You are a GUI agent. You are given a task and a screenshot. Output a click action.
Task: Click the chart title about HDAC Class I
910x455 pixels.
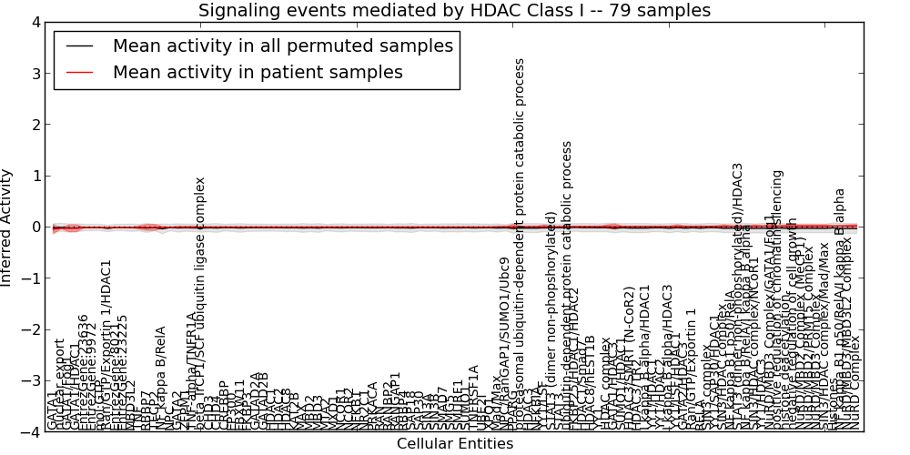point(454,11)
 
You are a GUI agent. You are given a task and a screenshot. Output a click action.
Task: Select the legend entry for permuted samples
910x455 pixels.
point(282,46)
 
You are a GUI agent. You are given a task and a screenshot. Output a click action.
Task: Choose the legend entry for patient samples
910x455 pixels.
point(258,73)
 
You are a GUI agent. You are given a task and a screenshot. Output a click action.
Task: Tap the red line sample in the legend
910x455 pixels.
point(79,73)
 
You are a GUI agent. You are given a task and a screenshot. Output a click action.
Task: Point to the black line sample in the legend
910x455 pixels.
point(79,46)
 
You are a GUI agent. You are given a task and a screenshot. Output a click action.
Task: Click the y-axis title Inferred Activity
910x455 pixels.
point(7,227)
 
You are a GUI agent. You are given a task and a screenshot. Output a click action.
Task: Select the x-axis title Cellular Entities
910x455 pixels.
point(454,444)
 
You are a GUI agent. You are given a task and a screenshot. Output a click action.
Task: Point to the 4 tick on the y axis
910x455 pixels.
point(34,22)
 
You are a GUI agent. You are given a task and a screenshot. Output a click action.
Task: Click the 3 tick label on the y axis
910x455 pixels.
point(34,73)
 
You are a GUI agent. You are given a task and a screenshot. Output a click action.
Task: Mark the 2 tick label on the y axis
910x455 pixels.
point(34,125)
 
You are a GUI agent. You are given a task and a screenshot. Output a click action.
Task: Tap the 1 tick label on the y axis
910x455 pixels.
point(34,176)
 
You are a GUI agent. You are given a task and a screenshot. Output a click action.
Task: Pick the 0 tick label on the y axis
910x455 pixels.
point(34,227)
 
